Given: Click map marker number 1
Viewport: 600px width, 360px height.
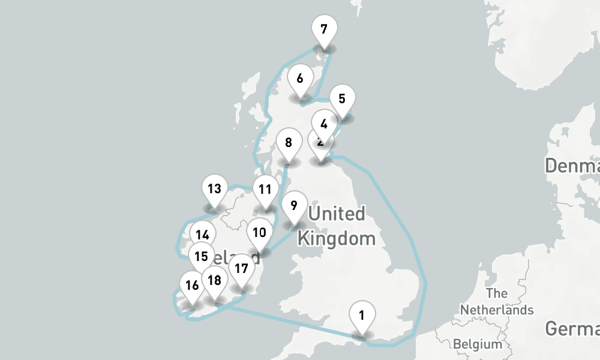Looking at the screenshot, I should click(362, 316).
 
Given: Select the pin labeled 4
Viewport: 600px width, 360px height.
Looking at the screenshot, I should click(324, 124).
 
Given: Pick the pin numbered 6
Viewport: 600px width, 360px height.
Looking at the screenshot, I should click(300, 79).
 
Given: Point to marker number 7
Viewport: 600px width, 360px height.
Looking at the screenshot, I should click(324, 29).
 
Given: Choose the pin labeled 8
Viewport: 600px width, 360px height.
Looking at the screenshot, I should click(289, 143).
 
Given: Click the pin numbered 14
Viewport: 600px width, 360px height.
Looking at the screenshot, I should click(203, 235).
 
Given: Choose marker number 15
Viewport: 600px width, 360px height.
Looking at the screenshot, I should click(202, 256).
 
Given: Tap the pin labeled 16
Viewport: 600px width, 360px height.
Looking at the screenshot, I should click(192, 286).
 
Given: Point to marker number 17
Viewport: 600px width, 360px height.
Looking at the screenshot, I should click(241, 269).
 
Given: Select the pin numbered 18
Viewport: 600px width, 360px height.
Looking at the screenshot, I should click(215, 281).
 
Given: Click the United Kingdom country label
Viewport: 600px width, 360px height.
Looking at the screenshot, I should click(337, 226).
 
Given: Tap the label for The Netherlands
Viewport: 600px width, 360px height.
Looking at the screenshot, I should click(497, 302).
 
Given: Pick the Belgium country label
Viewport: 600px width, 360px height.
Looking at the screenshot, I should click(478, 344).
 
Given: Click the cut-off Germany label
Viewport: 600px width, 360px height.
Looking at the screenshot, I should click(573, 328).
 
